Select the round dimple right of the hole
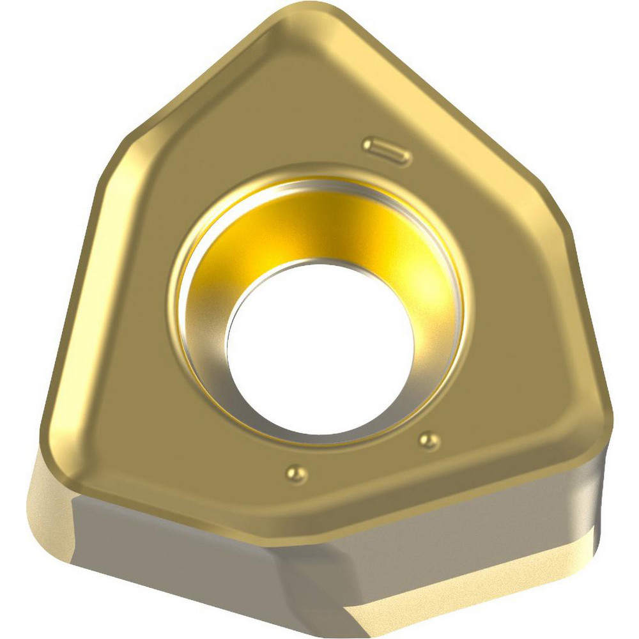(x=428, y=440)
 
